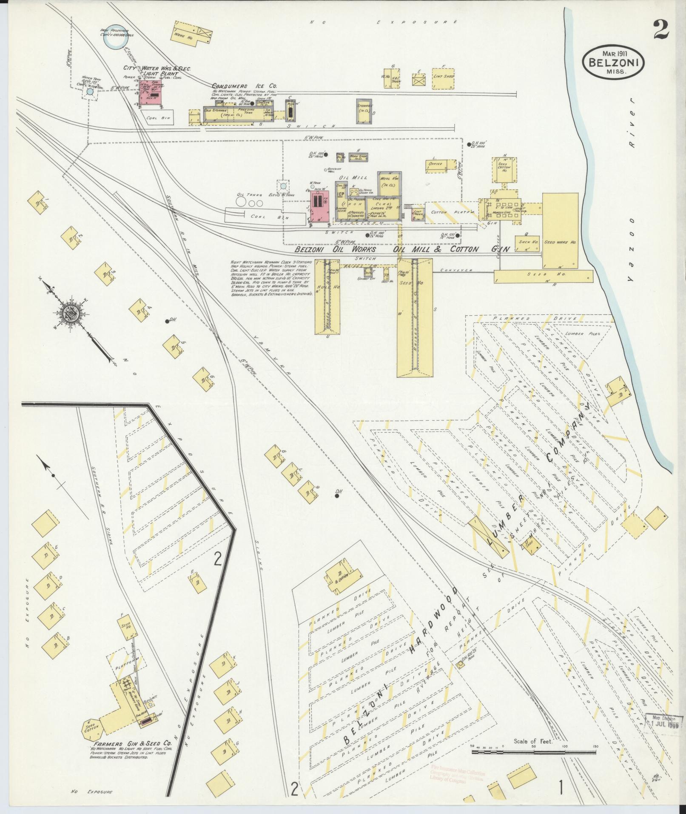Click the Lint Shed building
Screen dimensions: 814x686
(x=444, y=78)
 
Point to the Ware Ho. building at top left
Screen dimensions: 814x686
(x=191, y=34)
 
